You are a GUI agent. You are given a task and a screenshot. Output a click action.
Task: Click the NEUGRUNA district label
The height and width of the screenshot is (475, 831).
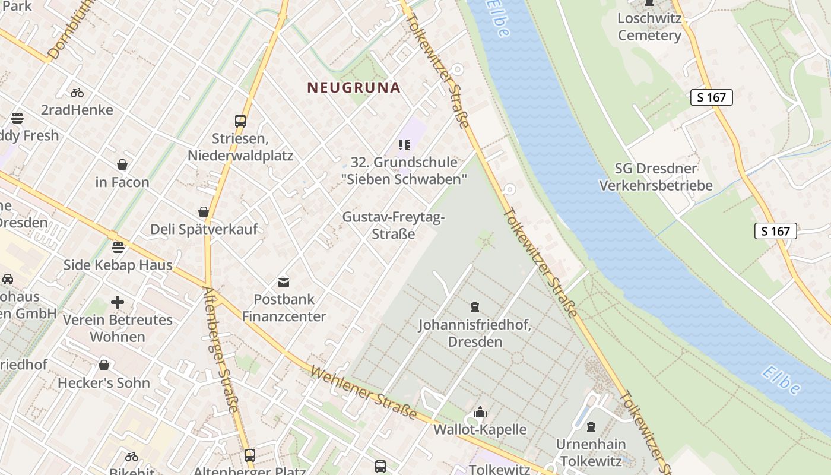click(354, 88)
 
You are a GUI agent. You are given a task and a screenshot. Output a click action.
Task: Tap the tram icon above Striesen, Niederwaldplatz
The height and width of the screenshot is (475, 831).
click(240, 121)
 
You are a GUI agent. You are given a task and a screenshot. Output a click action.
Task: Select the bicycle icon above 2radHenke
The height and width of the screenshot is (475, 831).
click(77, 93)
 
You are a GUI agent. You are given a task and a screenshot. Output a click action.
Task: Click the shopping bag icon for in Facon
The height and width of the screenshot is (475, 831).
click(122, 164)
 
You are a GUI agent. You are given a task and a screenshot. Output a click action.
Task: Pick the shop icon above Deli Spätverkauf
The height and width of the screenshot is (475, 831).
click(204, 212)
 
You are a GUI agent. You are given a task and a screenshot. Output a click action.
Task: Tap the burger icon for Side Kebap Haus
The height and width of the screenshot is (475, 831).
click(118, 247)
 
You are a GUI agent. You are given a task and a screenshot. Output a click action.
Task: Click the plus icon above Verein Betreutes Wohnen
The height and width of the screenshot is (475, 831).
click(118, 302)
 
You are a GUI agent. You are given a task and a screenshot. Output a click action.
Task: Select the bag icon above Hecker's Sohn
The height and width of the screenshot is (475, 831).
click(104, 365)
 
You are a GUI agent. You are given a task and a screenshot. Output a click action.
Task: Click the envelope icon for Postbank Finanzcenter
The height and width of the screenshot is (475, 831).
click(284, 283)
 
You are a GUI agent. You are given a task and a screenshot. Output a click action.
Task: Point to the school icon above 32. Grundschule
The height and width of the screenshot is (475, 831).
click(404, 145)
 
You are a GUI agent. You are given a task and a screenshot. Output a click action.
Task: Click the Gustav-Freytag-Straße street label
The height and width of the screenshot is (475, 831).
click(393, 226)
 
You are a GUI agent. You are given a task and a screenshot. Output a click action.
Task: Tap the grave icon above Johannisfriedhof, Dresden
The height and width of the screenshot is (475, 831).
click(474, 307)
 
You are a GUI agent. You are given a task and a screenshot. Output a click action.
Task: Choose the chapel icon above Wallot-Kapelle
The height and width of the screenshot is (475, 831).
click(480, 412)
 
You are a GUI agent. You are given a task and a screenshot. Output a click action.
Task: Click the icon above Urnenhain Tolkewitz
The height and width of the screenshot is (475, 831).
click(591, 427)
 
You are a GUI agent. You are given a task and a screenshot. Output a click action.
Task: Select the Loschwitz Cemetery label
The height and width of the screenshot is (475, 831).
click(649, 27)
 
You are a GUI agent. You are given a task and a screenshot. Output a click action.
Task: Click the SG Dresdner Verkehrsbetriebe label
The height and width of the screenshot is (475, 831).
click(655, 177)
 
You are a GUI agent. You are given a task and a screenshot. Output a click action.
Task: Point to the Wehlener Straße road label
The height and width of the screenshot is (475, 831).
click(363, 392)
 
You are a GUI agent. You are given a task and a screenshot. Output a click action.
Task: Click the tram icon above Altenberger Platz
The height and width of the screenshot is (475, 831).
click(250, 455)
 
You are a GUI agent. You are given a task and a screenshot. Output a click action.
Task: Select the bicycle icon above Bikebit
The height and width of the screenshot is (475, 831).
click(132, 457)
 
